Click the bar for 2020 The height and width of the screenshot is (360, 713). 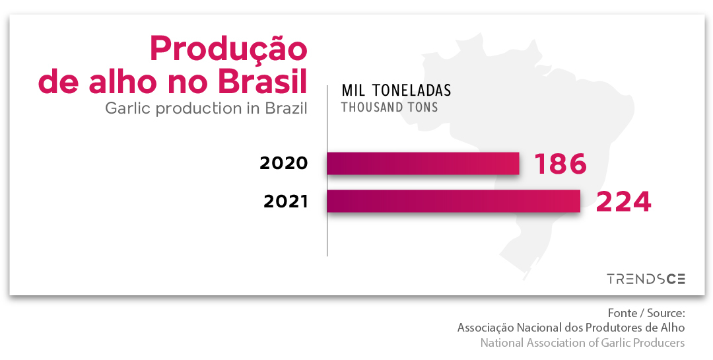[x=423, y=163]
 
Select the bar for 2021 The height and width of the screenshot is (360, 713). [x=454, y=201]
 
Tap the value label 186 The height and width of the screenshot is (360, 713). [x=560, y=164]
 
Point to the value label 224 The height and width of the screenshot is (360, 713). [x=623, y=201]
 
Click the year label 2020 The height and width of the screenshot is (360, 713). [x=284, y=163]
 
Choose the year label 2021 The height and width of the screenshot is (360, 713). [x=286, y=201]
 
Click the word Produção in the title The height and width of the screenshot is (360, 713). [x=228, y=48]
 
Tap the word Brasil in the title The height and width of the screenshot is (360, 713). [x=262, y=82]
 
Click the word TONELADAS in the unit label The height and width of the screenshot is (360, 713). [x=411, y=90]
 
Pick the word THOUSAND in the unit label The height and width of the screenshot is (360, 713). [x=370, y=108]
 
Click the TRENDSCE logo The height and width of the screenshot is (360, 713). [x=646, y=279]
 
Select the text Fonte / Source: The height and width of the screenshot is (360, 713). [x=646, y=313]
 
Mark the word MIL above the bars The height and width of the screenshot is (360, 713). [x=355, y=90]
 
